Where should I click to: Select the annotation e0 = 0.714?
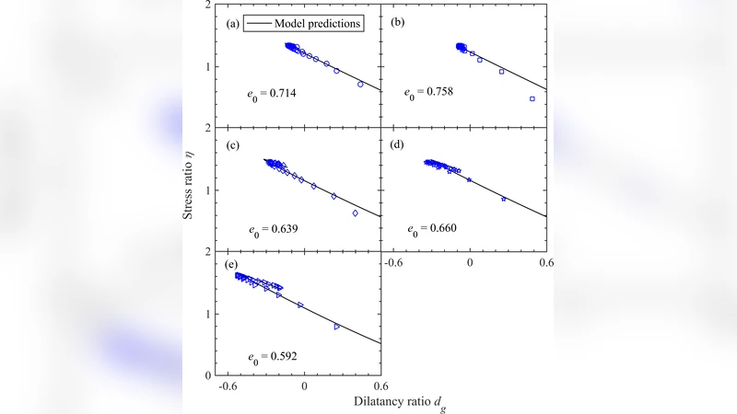click(x=271, y=93)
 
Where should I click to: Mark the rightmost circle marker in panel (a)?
click(x=360, y=84)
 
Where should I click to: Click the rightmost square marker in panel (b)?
click(x=532, y=98)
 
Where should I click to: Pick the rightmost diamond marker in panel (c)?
click(x=356, y=213)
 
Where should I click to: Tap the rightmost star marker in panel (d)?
click(x=503, y=199)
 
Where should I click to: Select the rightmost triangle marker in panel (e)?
click(x=337, y=327)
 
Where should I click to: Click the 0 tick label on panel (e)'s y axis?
click(x=206, y=375)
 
